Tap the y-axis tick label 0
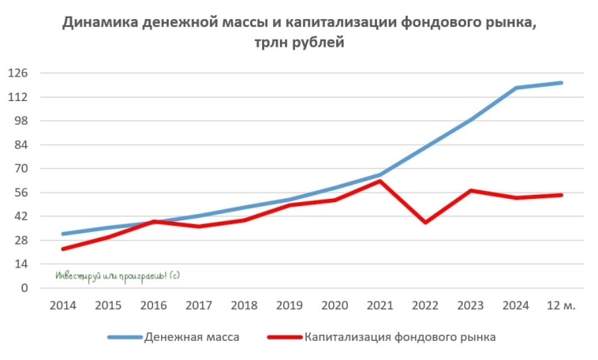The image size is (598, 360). pos(24,288)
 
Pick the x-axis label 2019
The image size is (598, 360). pos(290,306)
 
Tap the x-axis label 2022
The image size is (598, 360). pos(425,306)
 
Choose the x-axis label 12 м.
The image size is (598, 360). pos(562,306)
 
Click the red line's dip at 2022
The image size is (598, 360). pos(425,223)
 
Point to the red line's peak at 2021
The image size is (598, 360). pos(380,181)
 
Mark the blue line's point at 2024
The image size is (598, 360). pos(516,88)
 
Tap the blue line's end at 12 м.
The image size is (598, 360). pos(562,83)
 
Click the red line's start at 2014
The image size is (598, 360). pos(62,249)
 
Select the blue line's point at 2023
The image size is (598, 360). pos(471,119)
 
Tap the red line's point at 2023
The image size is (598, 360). pos(471,190)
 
